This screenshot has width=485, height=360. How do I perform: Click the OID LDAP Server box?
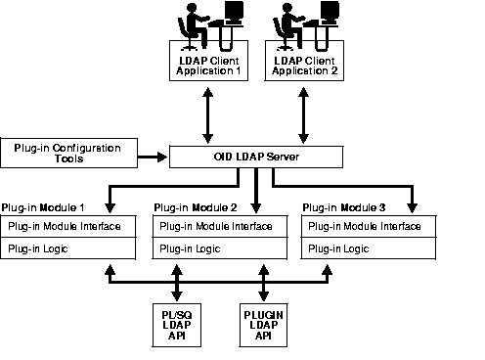click(x=256, y=157)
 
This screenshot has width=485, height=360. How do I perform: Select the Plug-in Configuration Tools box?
click(x=68, y=154)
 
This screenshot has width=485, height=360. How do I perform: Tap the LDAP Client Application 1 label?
click(x=210, y=66)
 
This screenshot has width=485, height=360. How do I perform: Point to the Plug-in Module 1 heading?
click(x=43, y=207)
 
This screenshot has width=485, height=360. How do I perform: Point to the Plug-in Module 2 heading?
click(x=196, y=207)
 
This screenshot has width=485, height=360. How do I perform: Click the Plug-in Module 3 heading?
click(x=345, y=207)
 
